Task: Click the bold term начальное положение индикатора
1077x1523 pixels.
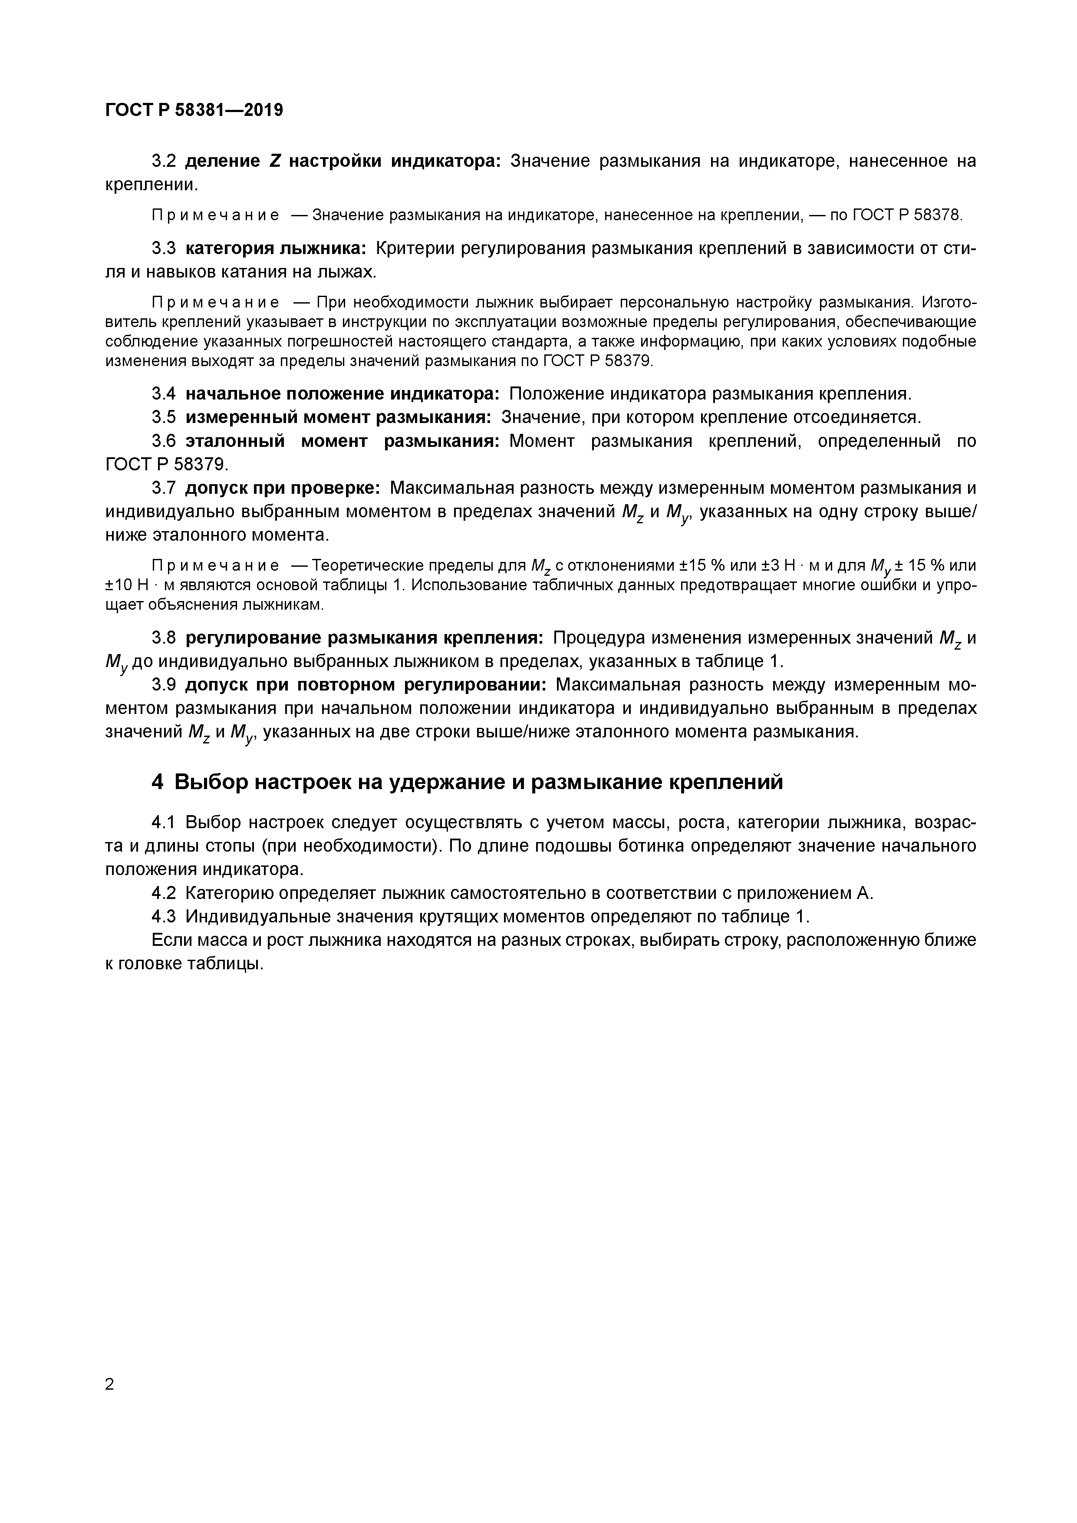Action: click(x=342, y=394)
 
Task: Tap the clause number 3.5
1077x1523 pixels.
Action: click(x=163, y=417)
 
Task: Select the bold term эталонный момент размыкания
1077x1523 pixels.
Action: click(x=342, y=441)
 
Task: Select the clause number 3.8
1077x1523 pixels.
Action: click(x=163, y=638)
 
